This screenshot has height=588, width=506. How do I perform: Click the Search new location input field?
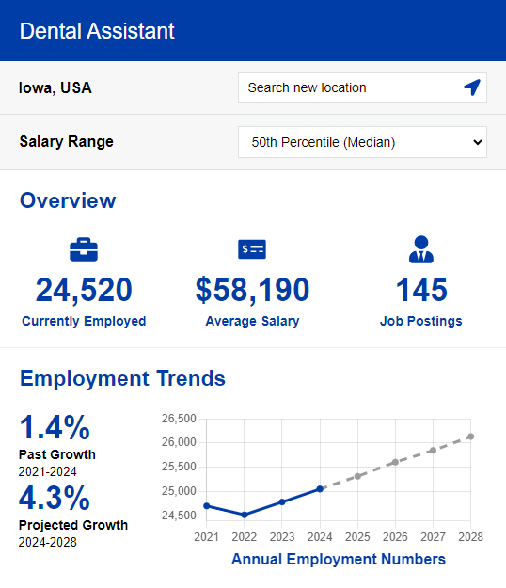click(348, 87)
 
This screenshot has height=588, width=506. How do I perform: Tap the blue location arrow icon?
click(472, 87)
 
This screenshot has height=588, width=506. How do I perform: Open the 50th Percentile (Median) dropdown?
click(362, 142)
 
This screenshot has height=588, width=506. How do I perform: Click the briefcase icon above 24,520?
click(84, 249)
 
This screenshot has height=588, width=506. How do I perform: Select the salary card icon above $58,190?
click(252, 249)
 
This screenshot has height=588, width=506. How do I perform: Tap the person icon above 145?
click(421, 249)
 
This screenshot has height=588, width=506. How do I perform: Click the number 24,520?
click(84, 291)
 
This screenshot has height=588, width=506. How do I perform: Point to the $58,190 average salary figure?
click(252, 291)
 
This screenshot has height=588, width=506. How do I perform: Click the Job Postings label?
click(421, 321)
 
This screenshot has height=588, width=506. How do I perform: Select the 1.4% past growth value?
click(55, 428)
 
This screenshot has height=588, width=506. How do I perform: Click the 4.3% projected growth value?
click(55, 497)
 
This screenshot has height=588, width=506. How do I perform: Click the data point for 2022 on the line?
click(245, 515)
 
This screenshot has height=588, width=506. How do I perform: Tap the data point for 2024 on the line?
click(321, 488)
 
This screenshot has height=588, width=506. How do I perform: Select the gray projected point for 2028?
click(470, 437)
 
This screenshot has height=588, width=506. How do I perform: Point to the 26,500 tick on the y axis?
click(179, 418)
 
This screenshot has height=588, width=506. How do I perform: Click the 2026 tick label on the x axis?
click(395, 537)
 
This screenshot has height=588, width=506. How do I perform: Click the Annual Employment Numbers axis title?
click(339, 560)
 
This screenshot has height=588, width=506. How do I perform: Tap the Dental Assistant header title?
click(97, 30)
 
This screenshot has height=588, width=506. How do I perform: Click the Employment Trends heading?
click(122, 378)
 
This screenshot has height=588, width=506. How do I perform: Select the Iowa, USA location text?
click(55, 88)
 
